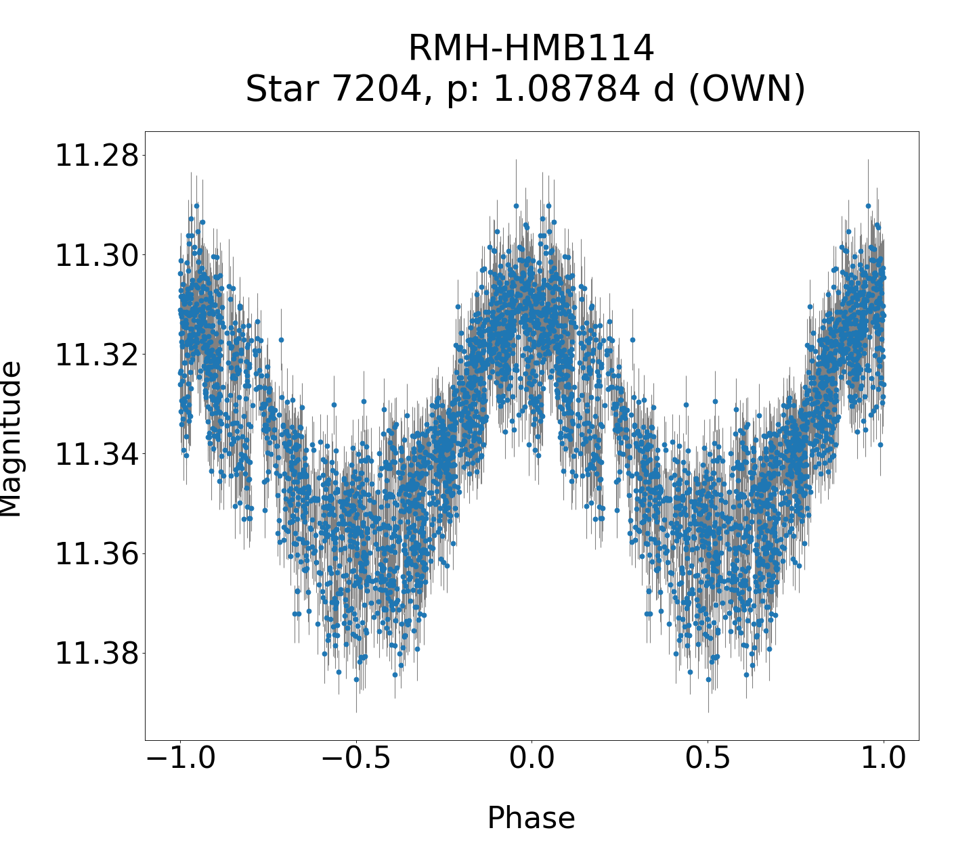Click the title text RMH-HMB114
[x=532, y=49]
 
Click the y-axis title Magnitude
[x=11, y=439]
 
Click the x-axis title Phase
[x=532, y=818]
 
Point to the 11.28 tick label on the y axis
[x=91, y=156]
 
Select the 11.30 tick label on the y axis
[x=91, y=256]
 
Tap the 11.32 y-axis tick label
[x=91, y=355]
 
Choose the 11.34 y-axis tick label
[x=91, y=454]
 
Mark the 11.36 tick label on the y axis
[x=91, y=554]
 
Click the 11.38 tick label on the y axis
[x=91, y=654]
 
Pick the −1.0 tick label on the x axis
[x=180, y=758]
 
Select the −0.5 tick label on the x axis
[x=356, y=758]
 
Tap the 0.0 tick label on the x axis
[x=532, y=758]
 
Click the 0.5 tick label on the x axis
[x=708, y=758]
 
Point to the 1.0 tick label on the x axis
[x=884, y=758]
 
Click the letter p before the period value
[x=453, y=92]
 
